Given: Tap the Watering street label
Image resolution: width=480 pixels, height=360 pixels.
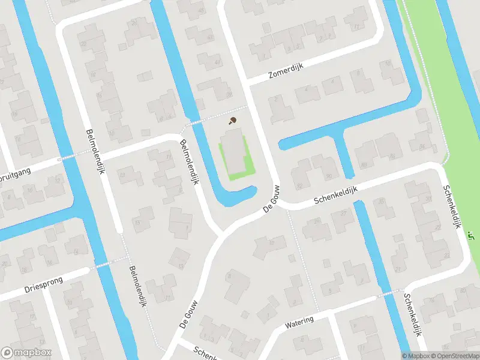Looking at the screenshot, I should [299, 322].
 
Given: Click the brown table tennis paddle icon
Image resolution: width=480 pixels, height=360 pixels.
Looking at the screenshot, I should [232, 121].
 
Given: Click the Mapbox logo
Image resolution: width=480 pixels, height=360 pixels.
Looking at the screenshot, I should [26, 353].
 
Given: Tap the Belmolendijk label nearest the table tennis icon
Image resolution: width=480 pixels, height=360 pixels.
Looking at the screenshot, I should [189, 161].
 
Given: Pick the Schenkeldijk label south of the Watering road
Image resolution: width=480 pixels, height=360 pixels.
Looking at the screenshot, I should [413, 316].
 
